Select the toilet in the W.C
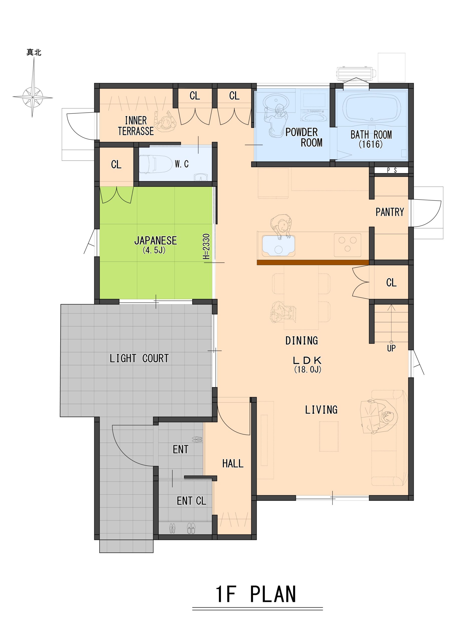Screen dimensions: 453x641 point(155,165)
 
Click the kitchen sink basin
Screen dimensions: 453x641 point(278,246)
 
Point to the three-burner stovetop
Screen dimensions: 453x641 point(347,245)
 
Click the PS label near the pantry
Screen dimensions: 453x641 point(392,170)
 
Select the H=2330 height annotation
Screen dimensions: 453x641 point(206,247)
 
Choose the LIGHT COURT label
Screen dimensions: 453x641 point(139,359)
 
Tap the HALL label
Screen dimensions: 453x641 point(233,464)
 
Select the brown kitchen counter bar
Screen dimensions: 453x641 point(313,262)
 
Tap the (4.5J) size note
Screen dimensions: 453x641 point(154,250)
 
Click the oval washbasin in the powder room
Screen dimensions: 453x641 point(276,100)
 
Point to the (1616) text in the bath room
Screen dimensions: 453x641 point(371,144)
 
